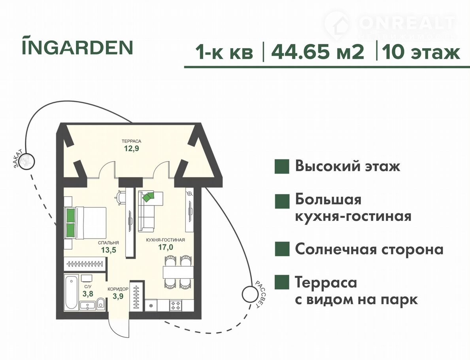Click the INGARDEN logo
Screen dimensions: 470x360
coord(77,45)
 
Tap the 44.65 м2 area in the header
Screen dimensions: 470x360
coord(318,52)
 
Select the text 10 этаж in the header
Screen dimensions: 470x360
coord(421,52)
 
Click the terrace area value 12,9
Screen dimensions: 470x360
coord(132,148)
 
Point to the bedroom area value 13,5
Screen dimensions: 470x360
coord(108,250)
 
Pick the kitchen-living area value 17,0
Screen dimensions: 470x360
coord(166,247)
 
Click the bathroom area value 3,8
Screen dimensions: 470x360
coord(88,294)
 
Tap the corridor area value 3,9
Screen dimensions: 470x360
coord(118,296)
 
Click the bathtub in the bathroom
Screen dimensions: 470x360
coord(71,292)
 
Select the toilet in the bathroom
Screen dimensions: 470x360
coord(101,303)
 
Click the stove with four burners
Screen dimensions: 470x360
coord(176,305)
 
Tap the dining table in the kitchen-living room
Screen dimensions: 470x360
coord(178,272)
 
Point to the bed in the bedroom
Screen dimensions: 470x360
coord(85,223)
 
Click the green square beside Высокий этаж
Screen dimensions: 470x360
coord(282,167)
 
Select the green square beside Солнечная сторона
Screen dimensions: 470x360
coord(282,249)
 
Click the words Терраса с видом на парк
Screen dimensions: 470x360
coord(357,291)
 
